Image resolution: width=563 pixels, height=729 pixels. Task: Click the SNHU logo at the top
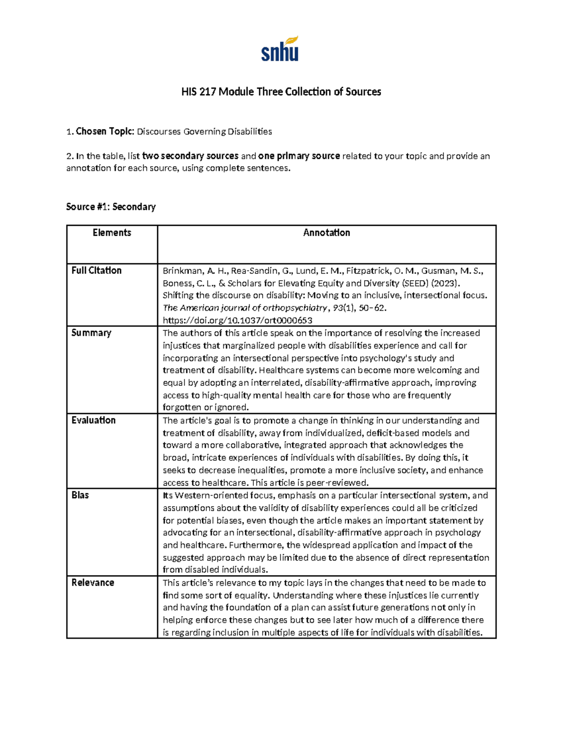[280, 49]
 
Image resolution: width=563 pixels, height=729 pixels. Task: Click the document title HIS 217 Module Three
[281, 92]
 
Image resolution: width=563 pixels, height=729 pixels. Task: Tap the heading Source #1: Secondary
[111, 207]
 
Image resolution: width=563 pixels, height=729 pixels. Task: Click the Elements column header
[112, 233]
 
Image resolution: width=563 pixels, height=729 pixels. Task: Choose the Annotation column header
[327, 233]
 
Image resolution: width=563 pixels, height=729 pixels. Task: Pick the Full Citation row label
[96, 270]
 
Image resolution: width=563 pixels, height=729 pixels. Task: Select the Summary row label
[91, 333]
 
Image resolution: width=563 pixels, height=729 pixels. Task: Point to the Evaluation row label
[93, 420]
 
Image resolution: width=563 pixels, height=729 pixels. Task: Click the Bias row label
[80, 495]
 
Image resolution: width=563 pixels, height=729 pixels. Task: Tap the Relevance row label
[92, 583]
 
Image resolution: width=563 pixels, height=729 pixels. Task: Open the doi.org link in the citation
[237, 321]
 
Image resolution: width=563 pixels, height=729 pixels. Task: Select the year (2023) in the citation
[449, 283]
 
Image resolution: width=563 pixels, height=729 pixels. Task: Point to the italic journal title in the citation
[244, 308]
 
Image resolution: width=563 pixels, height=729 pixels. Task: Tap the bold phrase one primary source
[299, 156]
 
